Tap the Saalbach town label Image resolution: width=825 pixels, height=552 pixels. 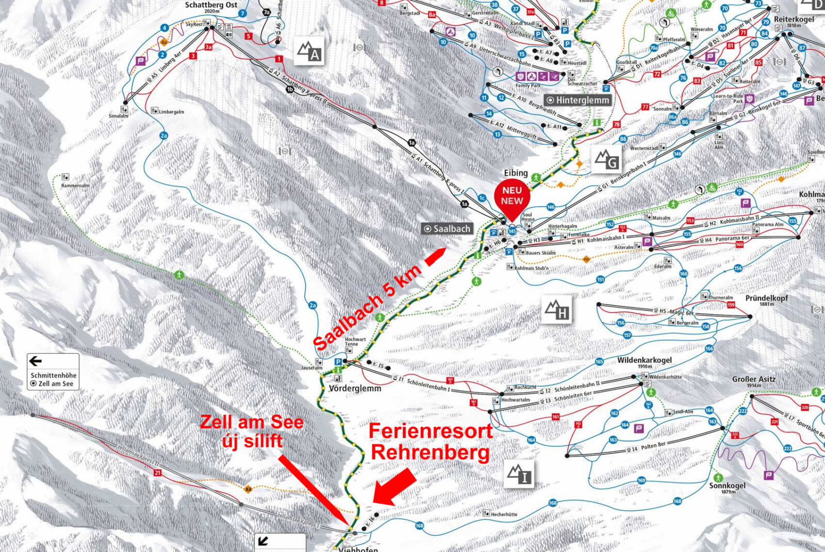(447, 229)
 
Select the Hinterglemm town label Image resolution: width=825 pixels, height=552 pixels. (578, 100)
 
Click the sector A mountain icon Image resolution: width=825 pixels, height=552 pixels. (309, 52)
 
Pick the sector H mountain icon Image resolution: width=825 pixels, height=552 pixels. (557, 310)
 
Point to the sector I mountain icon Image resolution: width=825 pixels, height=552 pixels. (519, 474)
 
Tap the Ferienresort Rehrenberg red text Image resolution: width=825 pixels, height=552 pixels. (430, 442)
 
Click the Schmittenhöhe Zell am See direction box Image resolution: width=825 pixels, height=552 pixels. (53, 372)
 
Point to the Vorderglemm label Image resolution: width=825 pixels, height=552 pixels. (355, 388)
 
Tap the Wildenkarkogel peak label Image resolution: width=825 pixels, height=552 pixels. (645, 360)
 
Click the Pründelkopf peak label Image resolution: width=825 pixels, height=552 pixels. (766, 299)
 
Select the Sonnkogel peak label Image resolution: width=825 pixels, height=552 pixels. (727, 486)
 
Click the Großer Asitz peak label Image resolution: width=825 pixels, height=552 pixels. (753, 380)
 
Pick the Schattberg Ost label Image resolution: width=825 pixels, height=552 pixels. (211, 5)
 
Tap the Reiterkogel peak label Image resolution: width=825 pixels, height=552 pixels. (794, 20)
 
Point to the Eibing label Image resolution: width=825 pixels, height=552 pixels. (516, 173)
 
